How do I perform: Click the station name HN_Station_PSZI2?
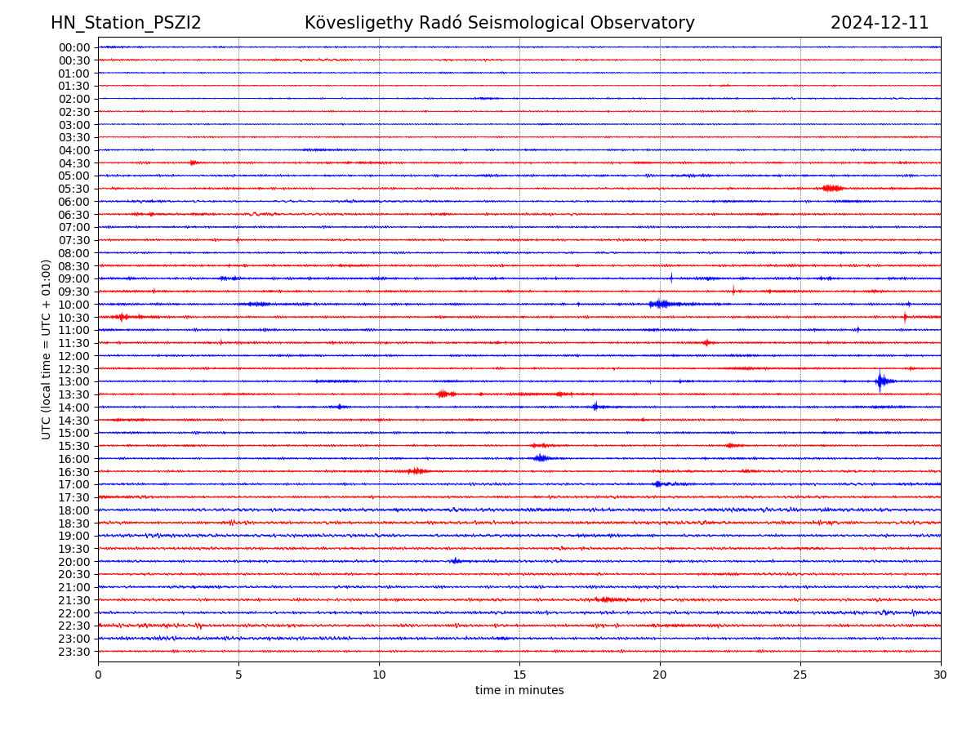126,23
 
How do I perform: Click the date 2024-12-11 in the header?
880,23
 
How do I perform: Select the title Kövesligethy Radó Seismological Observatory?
499,23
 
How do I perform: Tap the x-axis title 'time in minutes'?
519,691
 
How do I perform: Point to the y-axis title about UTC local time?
47,349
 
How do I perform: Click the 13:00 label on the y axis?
73,381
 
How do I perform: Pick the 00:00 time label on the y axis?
73,47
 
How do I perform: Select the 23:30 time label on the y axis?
73,652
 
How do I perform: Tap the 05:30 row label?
73,189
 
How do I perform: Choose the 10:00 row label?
73,305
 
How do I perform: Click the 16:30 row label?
73,472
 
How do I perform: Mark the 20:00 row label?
73,562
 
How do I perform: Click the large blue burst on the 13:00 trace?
880,381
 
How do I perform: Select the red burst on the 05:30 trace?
832,189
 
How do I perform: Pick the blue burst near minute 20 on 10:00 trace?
660,304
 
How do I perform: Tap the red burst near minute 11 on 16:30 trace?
416,471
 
